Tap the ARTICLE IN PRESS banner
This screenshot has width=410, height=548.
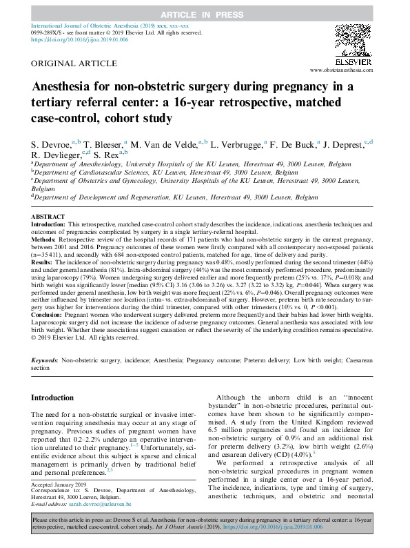coord(205,14)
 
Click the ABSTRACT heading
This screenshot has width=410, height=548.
coord(48,217)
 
